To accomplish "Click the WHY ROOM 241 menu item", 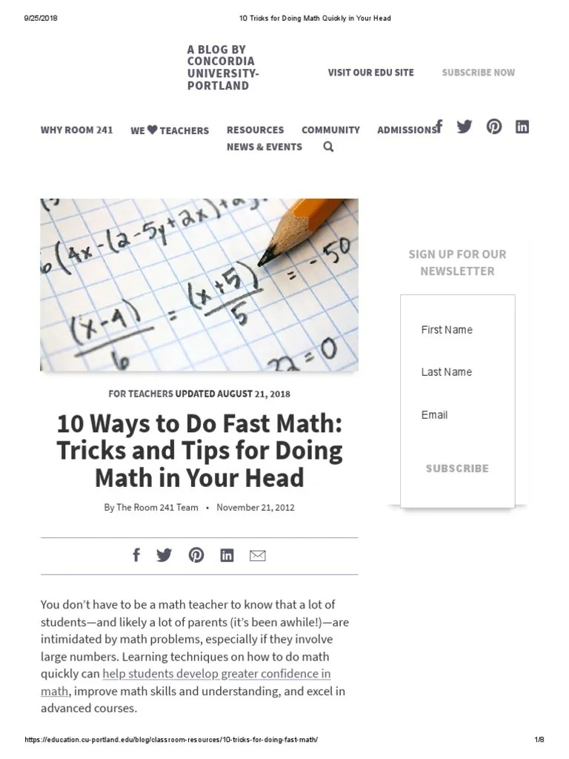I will [x=76, y=130].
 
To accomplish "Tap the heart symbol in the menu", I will [x=152, y=130].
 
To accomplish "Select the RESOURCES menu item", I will [x=255, y=130].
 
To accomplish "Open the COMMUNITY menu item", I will [x=330, y=130].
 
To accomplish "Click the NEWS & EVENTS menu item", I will [x=264, y=147].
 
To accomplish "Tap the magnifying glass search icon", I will [x=328, y=147].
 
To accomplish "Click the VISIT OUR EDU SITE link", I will [x=370, y=73].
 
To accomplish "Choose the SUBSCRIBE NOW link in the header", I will [x=478, y=73].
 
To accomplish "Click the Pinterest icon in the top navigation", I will [x=494, y=126].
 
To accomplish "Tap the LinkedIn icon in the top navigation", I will [x=522, y=126].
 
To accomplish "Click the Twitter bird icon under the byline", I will [x=164, y=555].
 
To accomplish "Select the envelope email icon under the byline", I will [x=257, y=556].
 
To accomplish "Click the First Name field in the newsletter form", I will [x=457, y=330].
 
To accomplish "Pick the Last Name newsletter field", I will [x=457, y=372].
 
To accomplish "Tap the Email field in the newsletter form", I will [x=457, y=415].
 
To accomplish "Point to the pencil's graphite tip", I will [x=264, y=259].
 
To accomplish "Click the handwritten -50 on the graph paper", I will [x=334, y=257].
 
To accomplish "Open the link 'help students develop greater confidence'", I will [x=216, y=674].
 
